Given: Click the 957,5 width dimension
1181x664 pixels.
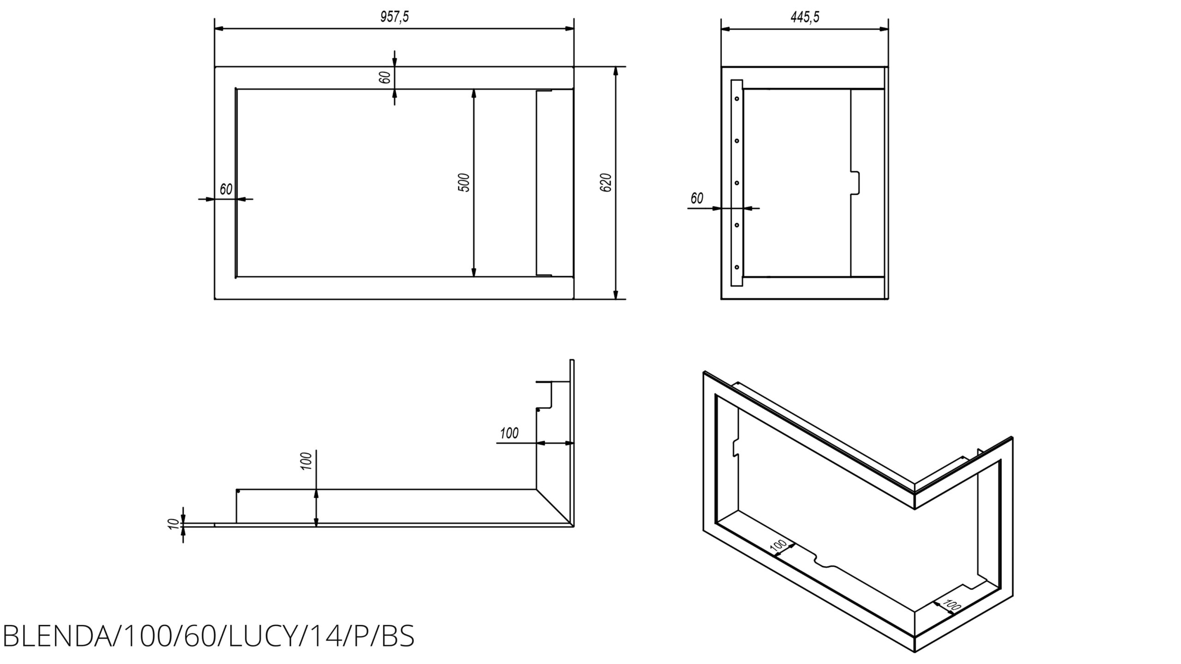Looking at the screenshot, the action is [x=394, y=17].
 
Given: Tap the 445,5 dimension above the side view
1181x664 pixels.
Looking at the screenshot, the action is [x=805, y=17].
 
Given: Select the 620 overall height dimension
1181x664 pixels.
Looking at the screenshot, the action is [x=607, y=183].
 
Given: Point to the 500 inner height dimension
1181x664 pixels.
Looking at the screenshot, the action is [x=465, y=183].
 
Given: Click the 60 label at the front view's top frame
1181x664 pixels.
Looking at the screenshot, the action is [x=386, y=77].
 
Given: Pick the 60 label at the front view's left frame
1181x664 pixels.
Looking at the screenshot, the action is [x=226, y=189].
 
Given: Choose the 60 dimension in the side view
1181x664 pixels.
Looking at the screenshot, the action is [x=697, y=198].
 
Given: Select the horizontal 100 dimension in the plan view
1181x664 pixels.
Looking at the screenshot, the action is [x=509, y=433].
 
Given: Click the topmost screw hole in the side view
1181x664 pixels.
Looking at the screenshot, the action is [x=737, y=98].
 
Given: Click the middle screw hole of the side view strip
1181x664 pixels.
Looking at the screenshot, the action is [x=737, y=183].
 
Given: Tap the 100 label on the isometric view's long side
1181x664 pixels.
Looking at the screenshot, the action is [x=779, y=546].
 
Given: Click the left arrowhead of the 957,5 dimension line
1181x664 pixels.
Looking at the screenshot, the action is [x=220, y=29].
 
